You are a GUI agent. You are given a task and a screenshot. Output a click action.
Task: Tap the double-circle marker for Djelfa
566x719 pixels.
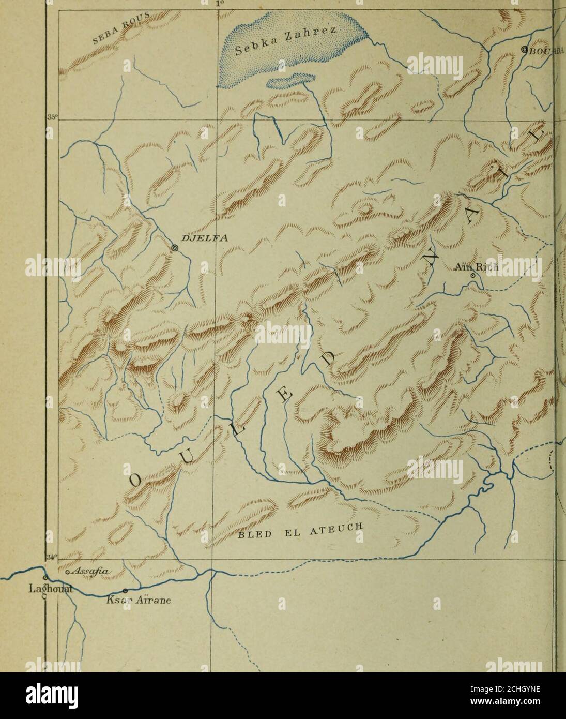tap(175, 249)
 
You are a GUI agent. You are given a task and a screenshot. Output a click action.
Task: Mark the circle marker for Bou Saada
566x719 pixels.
tap(525, 50)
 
